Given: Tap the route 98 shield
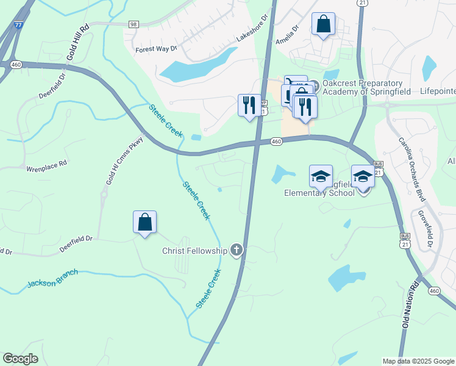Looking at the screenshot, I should [x=134, y=24].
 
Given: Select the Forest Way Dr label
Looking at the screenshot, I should [x=155, y=49].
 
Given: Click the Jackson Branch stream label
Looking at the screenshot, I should [x=52, y=279].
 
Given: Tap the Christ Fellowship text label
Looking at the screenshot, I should [x=194, y=251].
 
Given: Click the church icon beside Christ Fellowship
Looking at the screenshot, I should [x=236, y=250].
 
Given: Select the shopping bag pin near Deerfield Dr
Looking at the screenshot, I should [x=145, y=223].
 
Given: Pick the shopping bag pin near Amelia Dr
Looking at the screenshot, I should [x=323, y=25].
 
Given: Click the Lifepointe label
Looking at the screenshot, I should [x=438, y=91].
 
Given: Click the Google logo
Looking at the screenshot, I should [x=21, y=359].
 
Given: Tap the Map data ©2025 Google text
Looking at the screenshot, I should [x=418, y=361].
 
